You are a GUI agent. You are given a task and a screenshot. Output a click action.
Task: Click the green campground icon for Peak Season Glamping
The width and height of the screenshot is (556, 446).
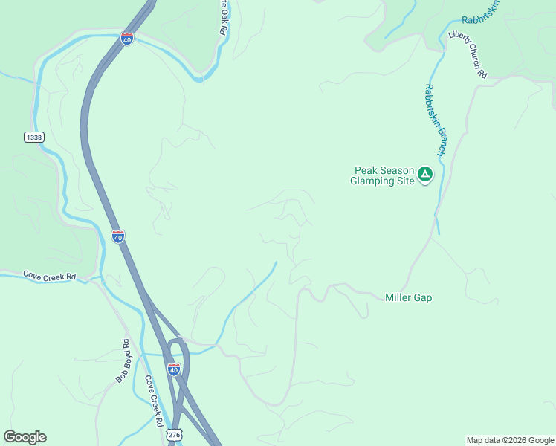tap(424, 175)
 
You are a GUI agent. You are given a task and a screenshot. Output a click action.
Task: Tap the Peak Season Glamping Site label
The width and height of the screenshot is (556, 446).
tap(382, 175)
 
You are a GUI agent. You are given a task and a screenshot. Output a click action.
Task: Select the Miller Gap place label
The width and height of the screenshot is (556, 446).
tap(408, 297)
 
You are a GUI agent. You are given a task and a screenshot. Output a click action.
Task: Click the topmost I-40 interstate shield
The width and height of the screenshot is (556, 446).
tap(128, 39)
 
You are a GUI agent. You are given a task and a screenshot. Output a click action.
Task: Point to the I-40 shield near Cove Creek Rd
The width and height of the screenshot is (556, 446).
tap(118, 236)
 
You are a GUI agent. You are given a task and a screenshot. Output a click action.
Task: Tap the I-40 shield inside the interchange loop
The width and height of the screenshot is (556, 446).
tap(173, 369)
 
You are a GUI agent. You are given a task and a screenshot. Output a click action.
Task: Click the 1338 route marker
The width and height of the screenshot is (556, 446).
tap(33, 137)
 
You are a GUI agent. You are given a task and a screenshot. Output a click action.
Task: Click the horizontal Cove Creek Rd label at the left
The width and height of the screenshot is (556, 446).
tap(49, 276)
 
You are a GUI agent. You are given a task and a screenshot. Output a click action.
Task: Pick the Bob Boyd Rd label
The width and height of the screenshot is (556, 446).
tap(123, 361)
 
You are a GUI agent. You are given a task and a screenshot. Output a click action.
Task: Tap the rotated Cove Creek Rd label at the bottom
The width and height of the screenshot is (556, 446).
tap(155, 401)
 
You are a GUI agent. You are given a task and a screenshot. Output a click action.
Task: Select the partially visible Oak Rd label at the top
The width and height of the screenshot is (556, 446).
tap(222, 19)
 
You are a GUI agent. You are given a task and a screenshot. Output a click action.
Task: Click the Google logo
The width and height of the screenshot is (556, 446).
tap(25, 437)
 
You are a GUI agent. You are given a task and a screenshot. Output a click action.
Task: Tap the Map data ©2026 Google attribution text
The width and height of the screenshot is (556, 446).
tap(510, 440)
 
